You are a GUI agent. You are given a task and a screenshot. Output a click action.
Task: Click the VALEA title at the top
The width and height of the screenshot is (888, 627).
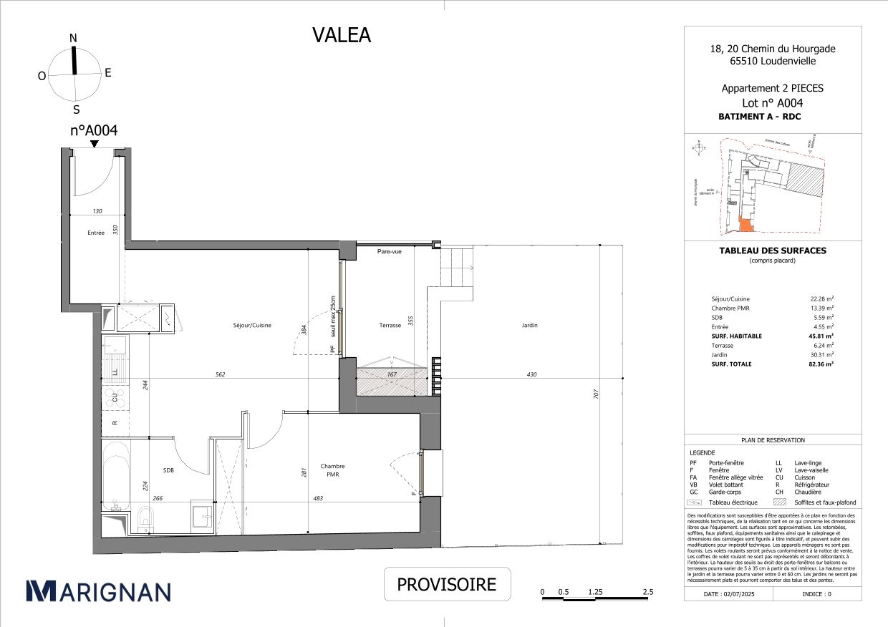point(342,35)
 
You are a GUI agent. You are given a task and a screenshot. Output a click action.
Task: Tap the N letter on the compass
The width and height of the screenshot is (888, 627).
point(73,38)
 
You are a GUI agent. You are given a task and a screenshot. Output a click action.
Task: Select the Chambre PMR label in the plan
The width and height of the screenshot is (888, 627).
point(332,470)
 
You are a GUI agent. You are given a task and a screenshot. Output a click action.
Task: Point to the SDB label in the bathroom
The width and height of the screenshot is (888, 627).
point(168,470)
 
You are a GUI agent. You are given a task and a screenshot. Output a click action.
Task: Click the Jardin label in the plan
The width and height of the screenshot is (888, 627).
point(529,325)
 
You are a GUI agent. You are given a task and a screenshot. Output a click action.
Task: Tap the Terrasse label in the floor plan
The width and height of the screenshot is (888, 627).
point(390,325)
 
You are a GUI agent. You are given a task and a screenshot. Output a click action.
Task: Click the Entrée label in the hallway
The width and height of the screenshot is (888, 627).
point(96,233)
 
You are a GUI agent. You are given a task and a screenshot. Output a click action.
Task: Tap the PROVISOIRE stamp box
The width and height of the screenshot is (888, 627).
point(447,584)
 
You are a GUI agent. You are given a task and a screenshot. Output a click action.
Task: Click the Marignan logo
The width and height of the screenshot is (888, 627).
point(98,590)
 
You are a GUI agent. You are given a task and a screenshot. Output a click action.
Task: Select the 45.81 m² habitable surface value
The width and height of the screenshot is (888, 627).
point(821,336)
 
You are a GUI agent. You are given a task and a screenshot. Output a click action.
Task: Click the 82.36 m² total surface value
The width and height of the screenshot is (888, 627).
point(821,364)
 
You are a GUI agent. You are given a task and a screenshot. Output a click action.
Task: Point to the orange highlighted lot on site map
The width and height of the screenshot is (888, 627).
point(745,225)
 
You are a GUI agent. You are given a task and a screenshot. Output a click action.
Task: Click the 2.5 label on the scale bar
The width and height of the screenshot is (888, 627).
point(647,592)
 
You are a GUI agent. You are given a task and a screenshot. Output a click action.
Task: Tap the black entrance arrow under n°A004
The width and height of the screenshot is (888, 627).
point(94,144)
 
